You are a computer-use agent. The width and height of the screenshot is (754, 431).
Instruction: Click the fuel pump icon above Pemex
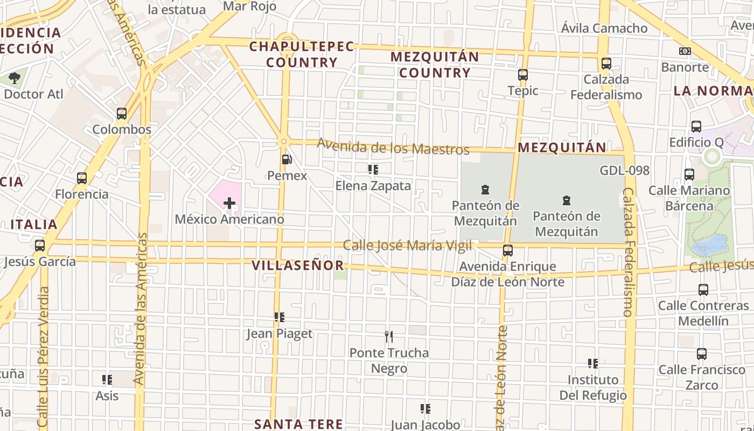[287, 159]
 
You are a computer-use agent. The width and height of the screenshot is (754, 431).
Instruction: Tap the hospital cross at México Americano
[229, 203]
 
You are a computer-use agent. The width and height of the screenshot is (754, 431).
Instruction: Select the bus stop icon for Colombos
[122, 114]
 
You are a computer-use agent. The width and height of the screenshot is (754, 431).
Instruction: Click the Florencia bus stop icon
[82, 178]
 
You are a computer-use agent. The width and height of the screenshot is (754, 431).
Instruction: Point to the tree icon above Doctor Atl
[15, 78]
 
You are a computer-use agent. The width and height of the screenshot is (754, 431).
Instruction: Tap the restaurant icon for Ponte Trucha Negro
[389, 337]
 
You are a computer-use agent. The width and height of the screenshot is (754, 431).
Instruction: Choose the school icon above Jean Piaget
[279, 317]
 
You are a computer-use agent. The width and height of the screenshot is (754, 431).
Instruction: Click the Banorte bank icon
[685, 51]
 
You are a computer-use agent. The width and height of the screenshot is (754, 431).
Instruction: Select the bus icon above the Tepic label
[522, 75]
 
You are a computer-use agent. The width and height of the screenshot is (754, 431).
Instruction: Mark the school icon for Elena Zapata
[373, 170]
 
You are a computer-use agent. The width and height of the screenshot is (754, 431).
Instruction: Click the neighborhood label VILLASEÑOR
[298, 265]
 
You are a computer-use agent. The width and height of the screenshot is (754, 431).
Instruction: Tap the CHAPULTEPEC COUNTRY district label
[302, 54]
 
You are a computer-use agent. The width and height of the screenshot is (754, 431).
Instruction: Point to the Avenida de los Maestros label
[393, 147]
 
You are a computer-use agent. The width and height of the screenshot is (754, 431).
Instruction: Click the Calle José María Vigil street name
[408, 246]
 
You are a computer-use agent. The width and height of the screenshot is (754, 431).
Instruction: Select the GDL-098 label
[625, 171]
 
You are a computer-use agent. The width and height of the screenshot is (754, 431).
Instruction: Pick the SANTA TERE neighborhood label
[298, 424]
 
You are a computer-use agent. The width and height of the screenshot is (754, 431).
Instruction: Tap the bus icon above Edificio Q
[696, 127]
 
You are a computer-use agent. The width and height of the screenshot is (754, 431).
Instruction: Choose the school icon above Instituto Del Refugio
[593, 364]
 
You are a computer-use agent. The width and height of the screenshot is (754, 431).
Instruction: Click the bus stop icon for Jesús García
[40, 246]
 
